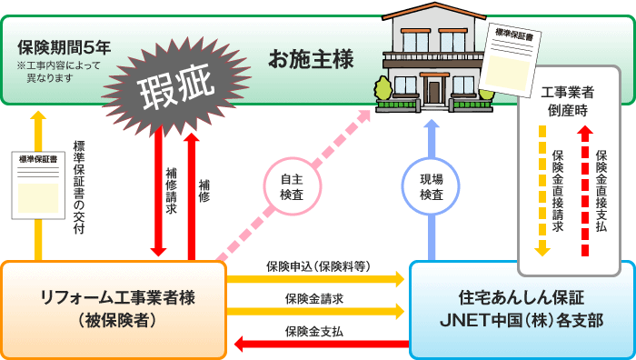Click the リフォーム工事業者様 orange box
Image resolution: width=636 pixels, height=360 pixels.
pyautogui.click(x=113, y=308)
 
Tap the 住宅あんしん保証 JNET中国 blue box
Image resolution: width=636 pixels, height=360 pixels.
pyautogui.click(x=521, y=309)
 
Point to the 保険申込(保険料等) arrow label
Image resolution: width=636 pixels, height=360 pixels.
pyautogui.click(x=318, y=266)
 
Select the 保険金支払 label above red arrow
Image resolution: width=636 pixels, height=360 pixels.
pyautogui.click(x=314, y=332)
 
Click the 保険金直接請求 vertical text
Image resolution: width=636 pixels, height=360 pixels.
pyautogui.click(x=558, y=190)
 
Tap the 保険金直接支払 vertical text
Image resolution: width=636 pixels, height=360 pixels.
pyautogui.click(x=601, y=191)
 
